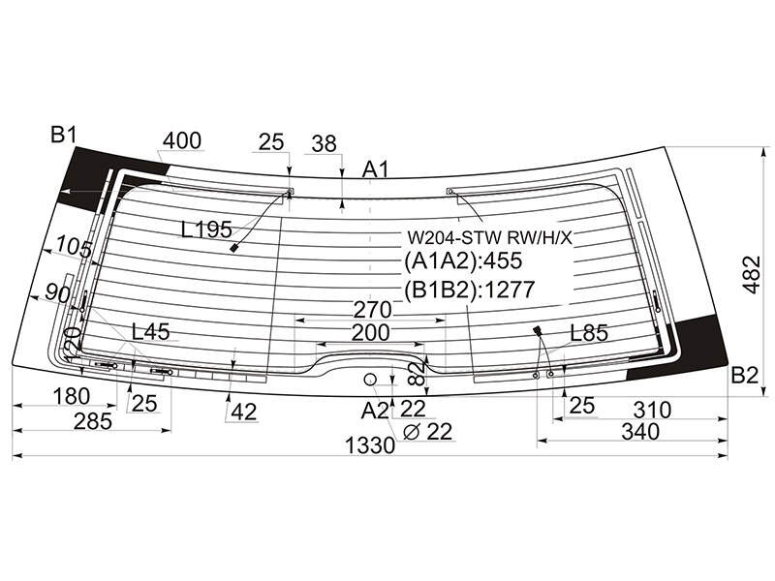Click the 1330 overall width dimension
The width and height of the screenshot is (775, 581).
tap(370, 445)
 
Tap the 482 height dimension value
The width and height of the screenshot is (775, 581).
tap(753, 275)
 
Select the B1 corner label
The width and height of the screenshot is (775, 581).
tap(63, 135)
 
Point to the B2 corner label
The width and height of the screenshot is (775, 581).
tap(744, 376)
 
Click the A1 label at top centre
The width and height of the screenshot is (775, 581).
tap(376, 169)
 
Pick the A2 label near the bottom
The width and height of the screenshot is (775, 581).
tap(375, 411)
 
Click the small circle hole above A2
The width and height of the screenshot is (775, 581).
tap(370, 380)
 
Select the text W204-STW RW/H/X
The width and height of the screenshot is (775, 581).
tap(489, 238)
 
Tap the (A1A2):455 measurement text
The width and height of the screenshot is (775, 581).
tap(463, 260)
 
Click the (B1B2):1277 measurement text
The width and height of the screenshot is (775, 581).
tap(470, 290)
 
